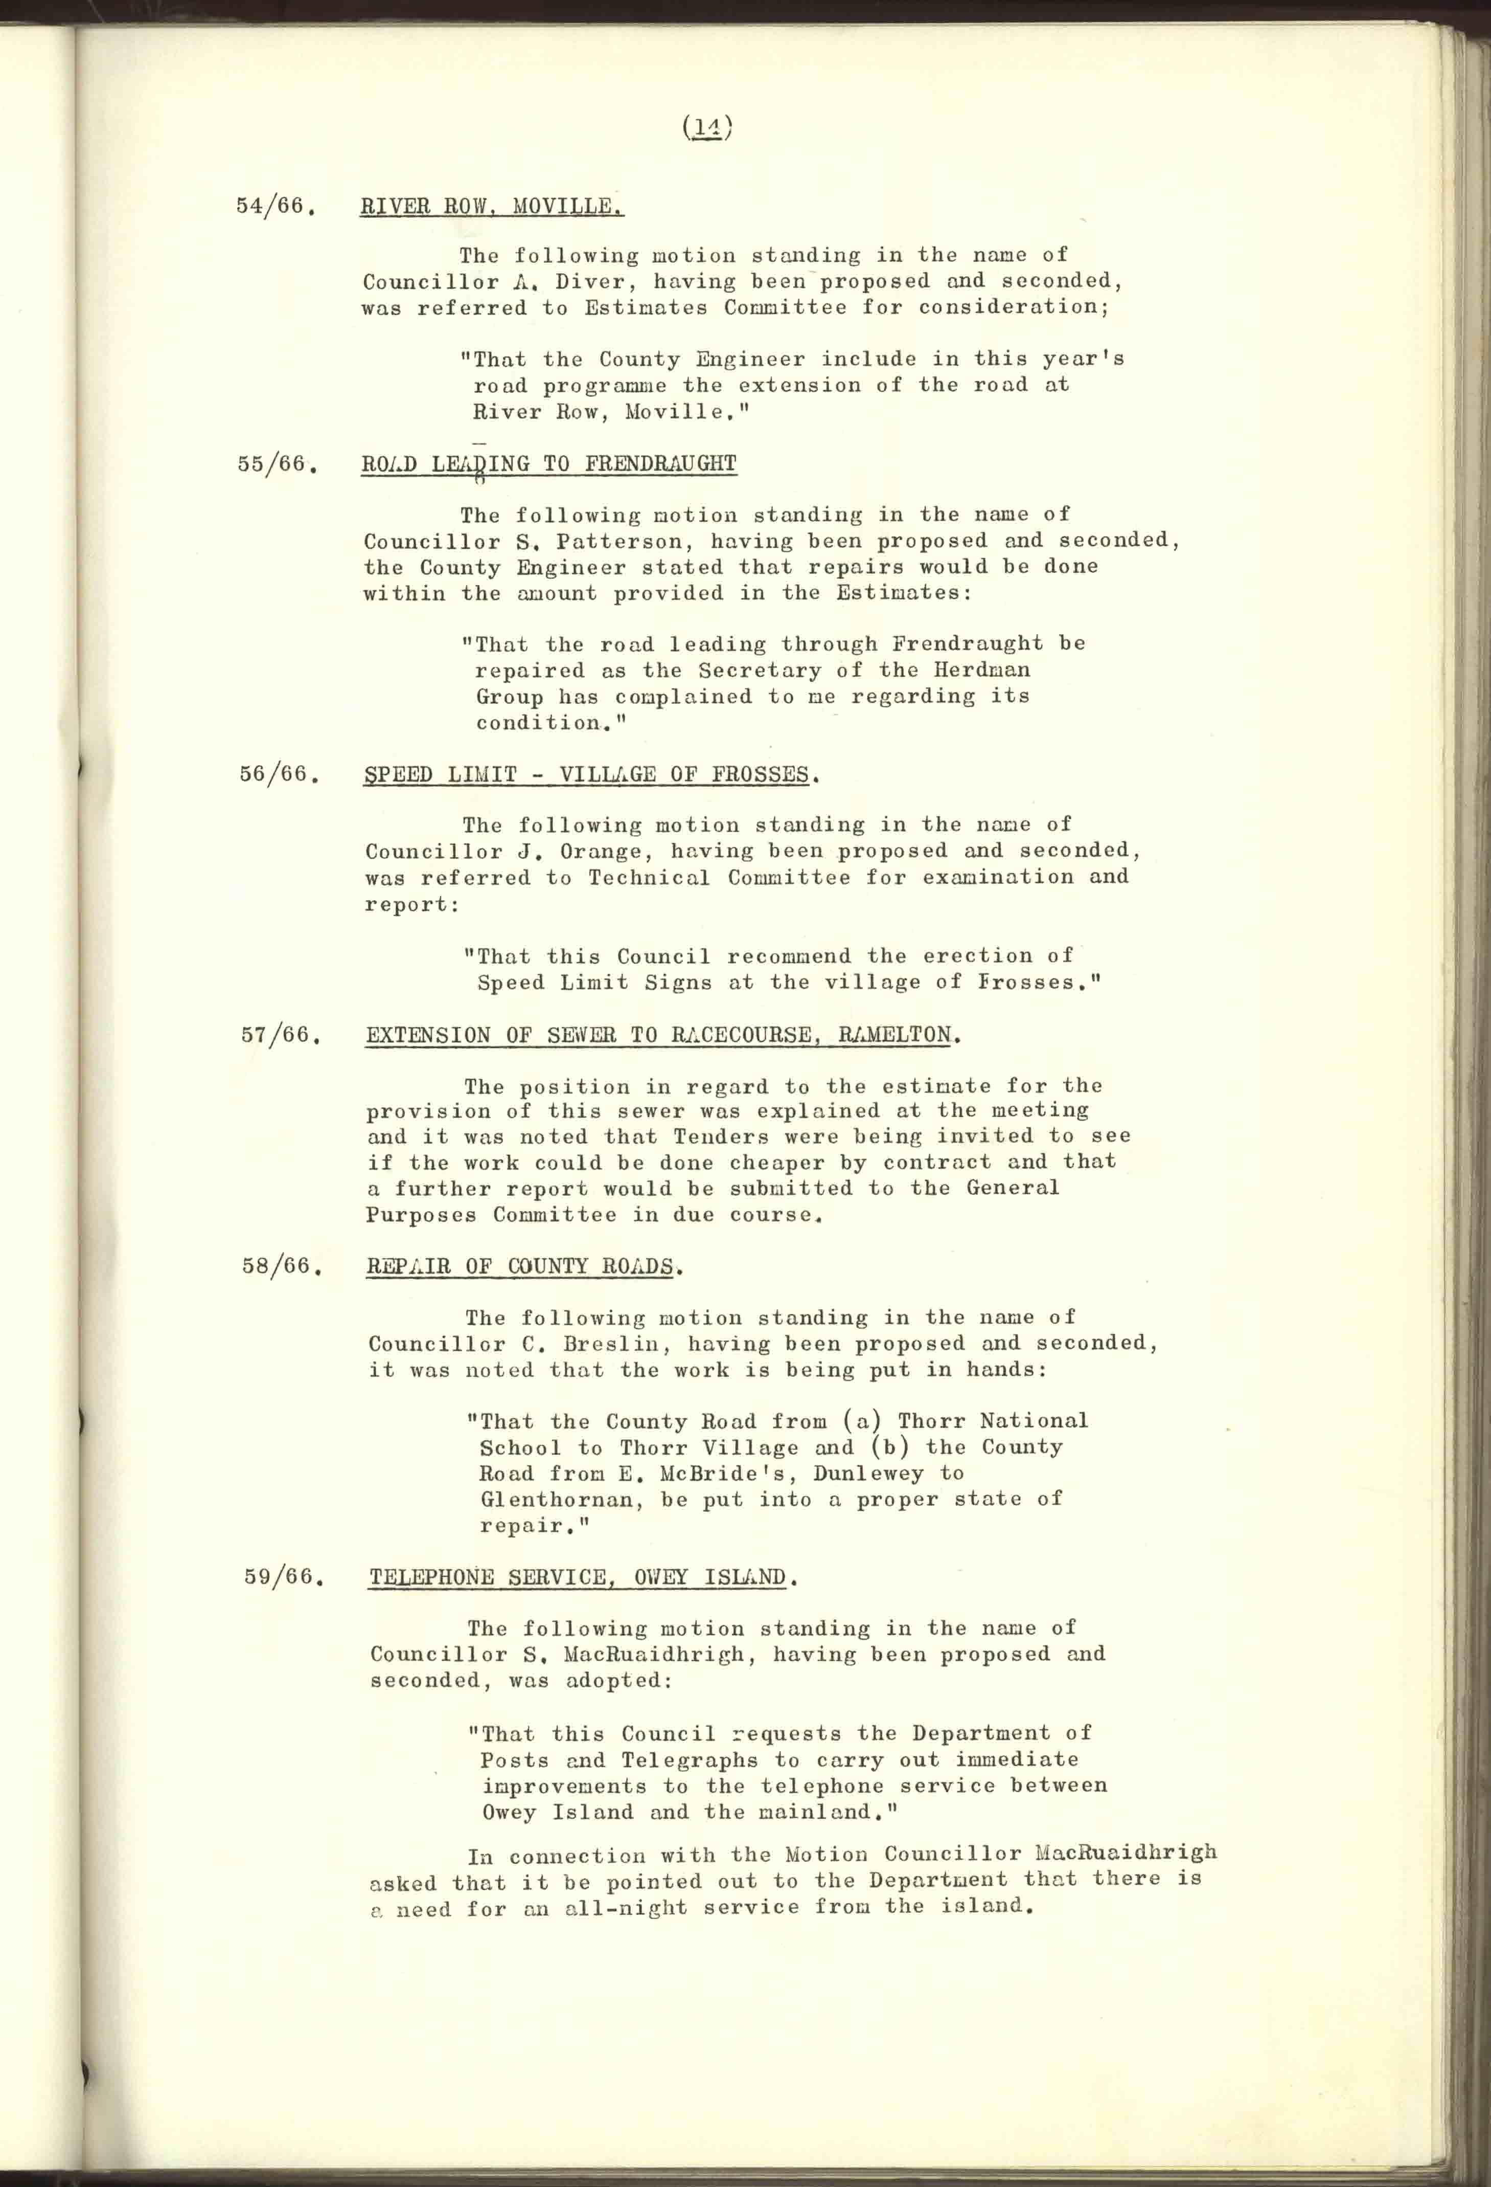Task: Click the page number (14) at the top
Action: [706, 127]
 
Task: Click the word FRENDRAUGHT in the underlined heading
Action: [660, 464]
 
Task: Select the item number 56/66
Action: [274, 774]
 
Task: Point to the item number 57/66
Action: [276, 1035]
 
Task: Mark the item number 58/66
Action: [277, 1266]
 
